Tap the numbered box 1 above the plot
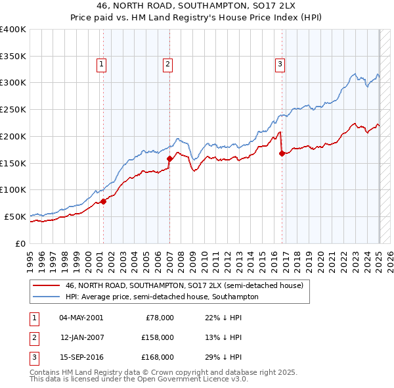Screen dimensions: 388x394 coord(102,64)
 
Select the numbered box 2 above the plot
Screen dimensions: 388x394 coord(168,64)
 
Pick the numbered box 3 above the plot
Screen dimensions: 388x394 coord(280,64)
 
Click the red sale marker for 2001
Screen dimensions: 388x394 coord(103,201)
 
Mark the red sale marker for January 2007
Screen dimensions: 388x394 coord(169,158)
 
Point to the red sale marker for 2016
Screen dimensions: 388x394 coord(282,153)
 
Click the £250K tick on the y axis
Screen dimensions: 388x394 coord(13,110)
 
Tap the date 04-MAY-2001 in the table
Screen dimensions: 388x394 coord(81,318)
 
